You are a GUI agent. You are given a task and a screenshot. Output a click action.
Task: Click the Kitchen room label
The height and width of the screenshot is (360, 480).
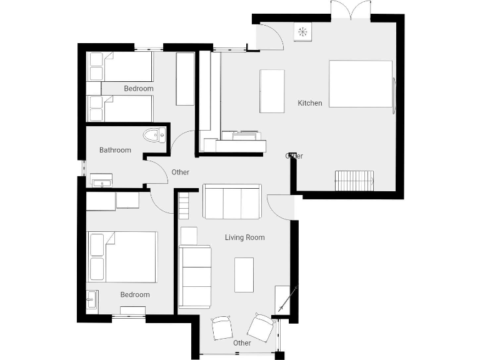pos(310,103)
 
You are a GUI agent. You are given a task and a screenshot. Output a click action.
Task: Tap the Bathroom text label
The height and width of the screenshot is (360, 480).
pos(115,150)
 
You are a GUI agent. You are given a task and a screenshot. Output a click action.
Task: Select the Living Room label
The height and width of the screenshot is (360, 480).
pos(244,237)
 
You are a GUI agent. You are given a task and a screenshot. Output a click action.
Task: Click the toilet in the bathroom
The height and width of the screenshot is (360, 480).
pos(154,135)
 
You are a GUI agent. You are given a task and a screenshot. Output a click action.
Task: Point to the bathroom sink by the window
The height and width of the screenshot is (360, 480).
pos(101,181)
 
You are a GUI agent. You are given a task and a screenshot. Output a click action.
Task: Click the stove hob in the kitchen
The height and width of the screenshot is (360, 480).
pos(302,32)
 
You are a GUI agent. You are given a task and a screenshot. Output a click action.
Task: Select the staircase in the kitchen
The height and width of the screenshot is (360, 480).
pos(354,181)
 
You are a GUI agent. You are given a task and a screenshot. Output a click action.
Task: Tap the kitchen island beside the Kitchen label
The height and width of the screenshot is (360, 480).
pos(272,91)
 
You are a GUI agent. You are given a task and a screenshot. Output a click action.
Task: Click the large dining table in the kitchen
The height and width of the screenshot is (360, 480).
pos(360,84)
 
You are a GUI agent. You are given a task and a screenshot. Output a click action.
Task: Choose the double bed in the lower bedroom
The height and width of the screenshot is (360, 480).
pos(123,257)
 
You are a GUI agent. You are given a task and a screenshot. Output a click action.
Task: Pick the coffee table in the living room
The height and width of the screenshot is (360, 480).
pos(244,274)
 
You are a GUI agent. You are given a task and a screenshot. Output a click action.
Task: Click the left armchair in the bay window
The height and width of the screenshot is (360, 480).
pos(222,327)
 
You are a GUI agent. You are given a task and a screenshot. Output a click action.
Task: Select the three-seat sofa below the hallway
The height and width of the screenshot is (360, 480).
pos(232,202)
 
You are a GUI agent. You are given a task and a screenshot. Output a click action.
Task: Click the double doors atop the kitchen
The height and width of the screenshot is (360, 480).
pos(350,10)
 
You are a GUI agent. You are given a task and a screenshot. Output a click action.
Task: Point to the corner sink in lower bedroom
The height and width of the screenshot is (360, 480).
pos(92,301)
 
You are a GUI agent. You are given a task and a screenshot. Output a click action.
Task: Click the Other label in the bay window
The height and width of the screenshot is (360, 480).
pos(242,343)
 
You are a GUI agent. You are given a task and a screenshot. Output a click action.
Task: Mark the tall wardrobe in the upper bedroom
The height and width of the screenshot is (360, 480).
pos(185,79)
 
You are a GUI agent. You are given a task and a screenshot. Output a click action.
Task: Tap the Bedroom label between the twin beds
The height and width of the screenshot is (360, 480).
pos(138,89)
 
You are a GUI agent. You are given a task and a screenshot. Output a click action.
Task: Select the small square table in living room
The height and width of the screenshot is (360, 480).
pos(189,236)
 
